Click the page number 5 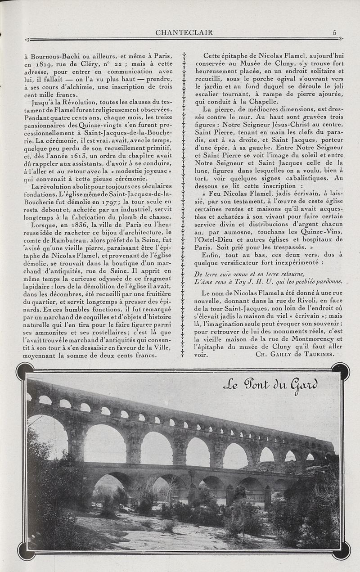click(x=334, y=32)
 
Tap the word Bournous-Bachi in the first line click(x=54, y=56)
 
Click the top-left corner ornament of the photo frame click(x=25, y=371)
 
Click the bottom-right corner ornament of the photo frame click(x=341, y=550)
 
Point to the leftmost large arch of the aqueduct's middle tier click(x=47, y=437)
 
